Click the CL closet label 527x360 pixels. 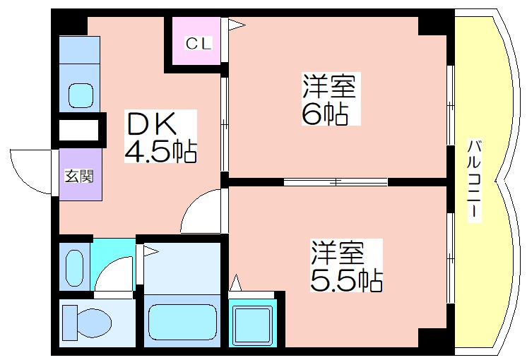pos(198,44)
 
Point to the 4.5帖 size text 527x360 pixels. pos(160,151)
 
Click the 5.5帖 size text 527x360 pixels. pos(346,280)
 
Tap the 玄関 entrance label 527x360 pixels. pos(79,176)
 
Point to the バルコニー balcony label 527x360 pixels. pos(476,181)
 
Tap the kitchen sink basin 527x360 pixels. pos(80,94)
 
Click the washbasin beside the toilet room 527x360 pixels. pos(73,266)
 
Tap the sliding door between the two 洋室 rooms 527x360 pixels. pos(336,182)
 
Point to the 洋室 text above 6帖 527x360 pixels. pos(329,87)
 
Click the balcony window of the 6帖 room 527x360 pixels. pos(450,106)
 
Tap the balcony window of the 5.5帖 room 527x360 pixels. pos(450,258)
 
